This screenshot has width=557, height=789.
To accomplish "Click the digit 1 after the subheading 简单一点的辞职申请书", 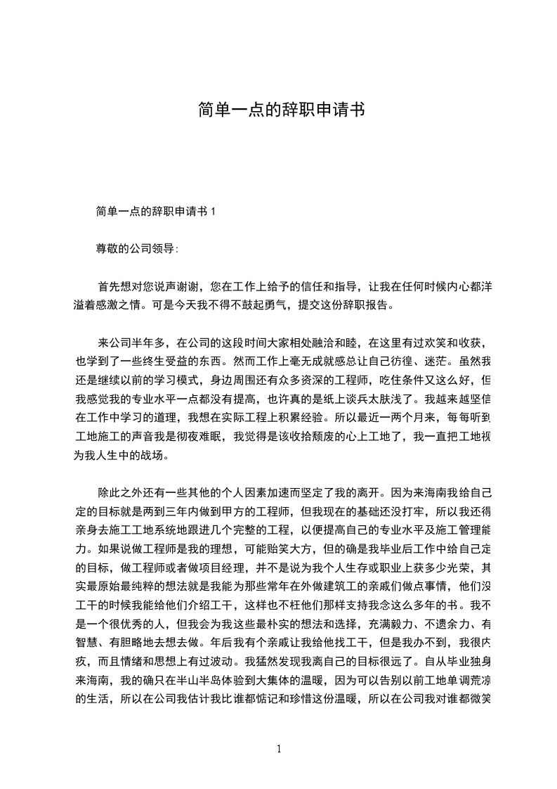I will [214, 211].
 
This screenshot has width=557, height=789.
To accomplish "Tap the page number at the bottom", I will [280, 748].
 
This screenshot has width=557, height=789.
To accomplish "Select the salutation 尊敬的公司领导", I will [136, 248].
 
